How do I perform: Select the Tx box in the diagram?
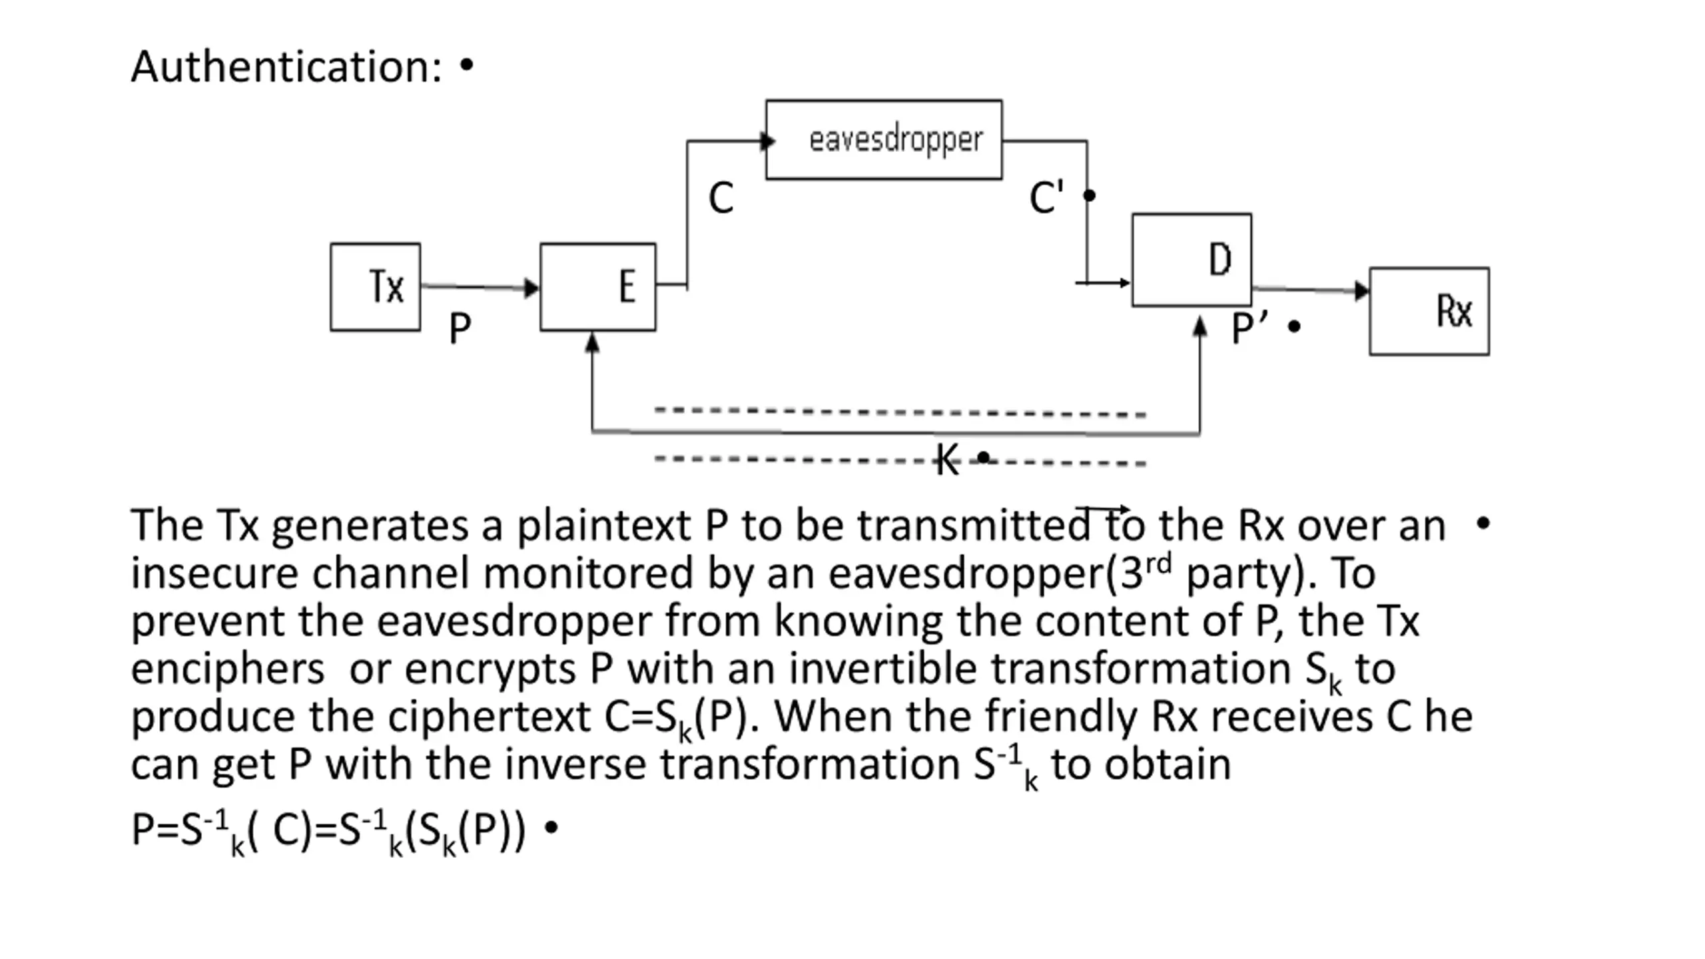click(x=376, y=287)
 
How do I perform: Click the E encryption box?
click(x=598, y=287)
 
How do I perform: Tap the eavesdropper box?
click(x=884, y=140)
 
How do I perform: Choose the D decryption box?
click(x=1192, y=260)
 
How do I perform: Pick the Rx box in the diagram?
click(x=1429, y=311)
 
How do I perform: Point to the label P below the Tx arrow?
click(x=460, y=328)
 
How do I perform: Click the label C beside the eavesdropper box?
click(x=721, y=198)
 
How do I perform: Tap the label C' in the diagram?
click(x=1046, y=197)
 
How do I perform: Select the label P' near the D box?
click(x=1249, y=328)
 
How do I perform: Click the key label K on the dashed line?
click(x=947, y=460)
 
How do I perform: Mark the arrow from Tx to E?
click(x=480, y=287)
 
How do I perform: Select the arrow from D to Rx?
click(x=1311, y=290)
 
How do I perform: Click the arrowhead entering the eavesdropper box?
click(x=768, y=141)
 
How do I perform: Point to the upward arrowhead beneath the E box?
click(x=592, y=342)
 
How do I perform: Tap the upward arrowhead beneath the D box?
click(x=1199, y=326)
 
